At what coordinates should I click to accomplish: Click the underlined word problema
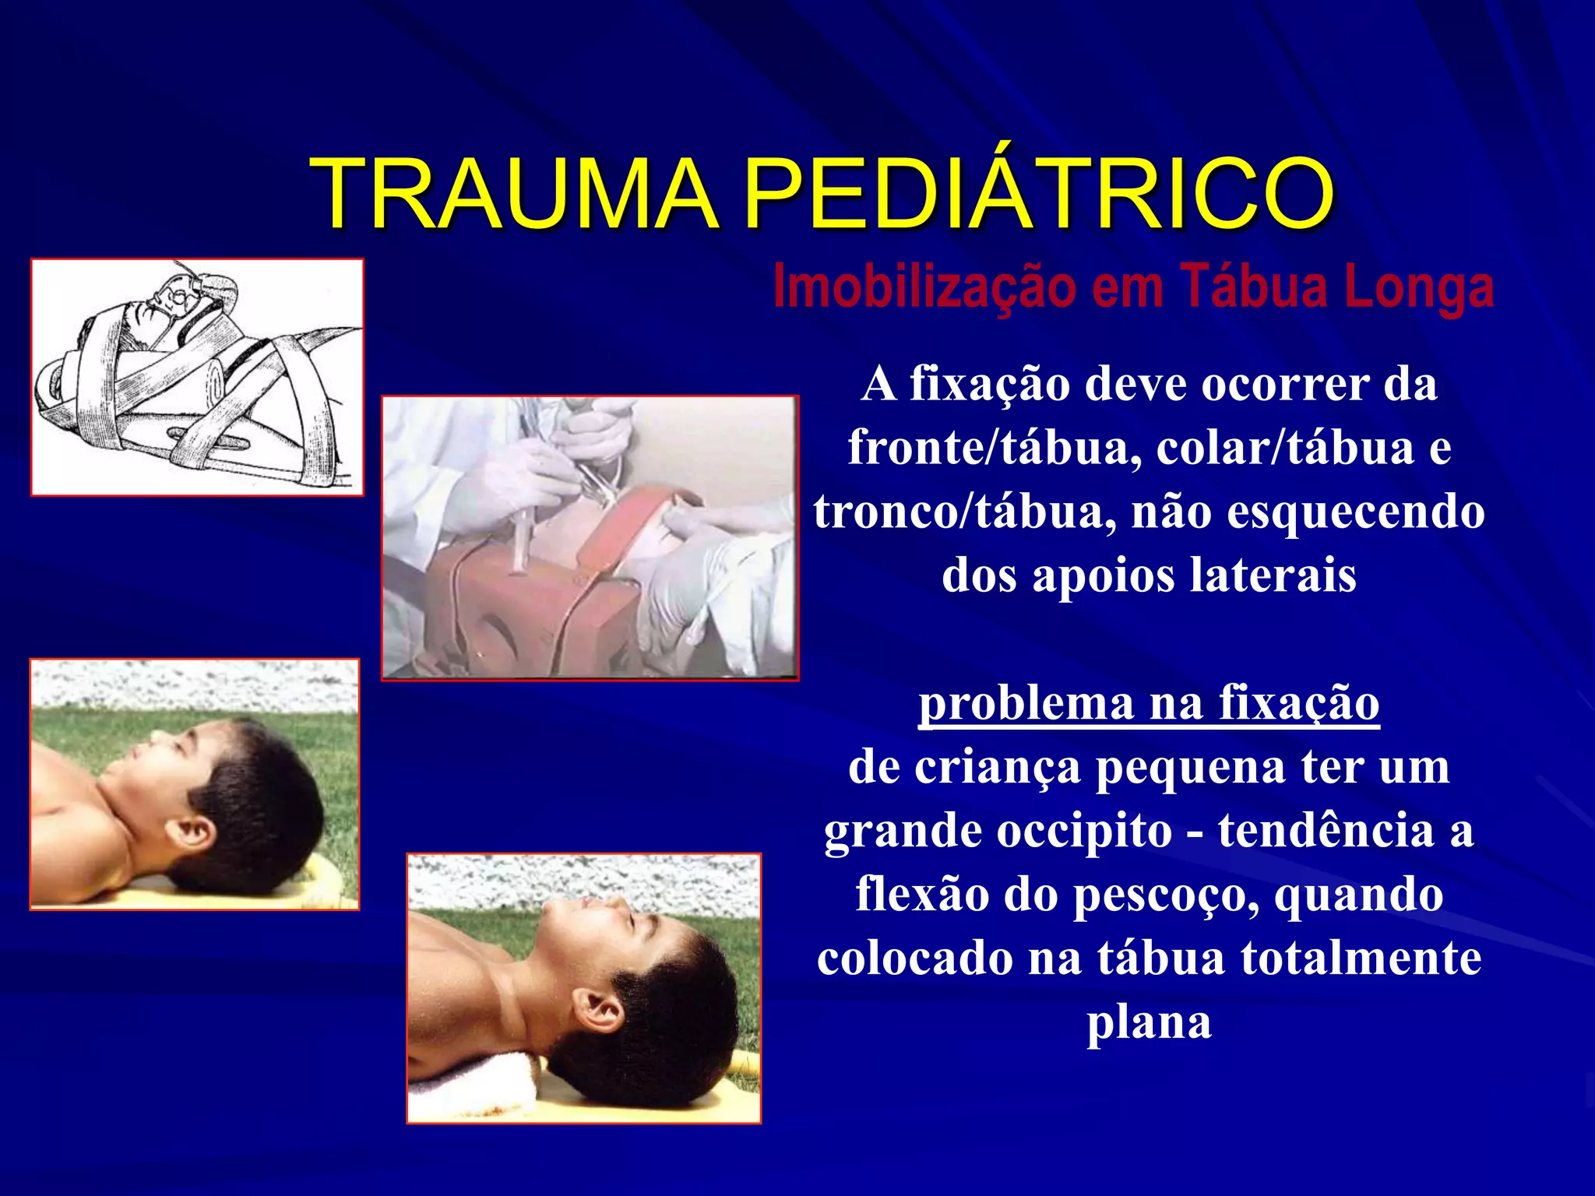tap(1026, 703)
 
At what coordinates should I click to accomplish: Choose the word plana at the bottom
tap(1150, 1022)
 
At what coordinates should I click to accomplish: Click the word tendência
tap(1326, 831)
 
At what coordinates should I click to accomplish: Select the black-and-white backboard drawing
tap(197, 377)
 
